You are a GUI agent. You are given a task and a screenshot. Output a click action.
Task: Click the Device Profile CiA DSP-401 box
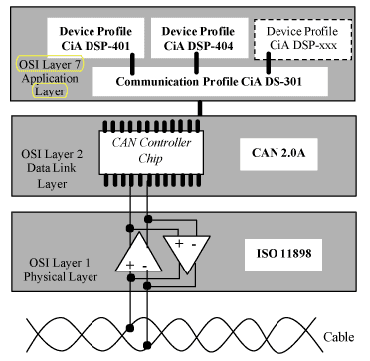pyautogui.click(x=95, y=37)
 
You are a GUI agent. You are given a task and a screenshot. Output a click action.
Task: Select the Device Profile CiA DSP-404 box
pyautogui.click(x=199, y=37)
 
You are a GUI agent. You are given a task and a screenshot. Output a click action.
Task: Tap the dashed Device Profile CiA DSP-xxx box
pyautogui.click(x=302, y=39)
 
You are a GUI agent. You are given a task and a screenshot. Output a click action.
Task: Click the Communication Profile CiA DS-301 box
pyautogui.click(x=210, y=82)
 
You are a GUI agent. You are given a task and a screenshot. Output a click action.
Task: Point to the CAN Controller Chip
pyautogui.click(x=151, y=152)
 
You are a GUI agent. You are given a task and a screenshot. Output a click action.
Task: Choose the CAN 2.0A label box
pyautogui.click(x=278, y=154)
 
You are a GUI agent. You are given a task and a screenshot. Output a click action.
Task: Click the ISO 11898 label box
pyautogui.click(x=283, y=255)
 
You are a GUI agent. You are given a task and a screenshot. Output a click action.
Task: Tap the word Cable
pyautogui.click(x=338, y=337)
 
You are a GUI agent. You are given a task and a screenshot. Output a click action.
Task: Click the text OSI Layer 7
pyautogui.click(x=50, y=65)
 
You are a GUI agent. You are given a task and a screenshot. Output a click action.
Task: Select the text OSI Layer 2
pyautogui.click(x=52, y=154)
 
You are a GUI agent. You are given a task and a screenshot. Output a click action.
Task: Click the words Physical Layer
pyautogui.click(x=61, y=277)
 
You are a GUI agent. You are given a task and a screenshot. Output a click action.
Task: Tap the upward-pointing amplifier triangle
pyautogui.click(x=138, y=252)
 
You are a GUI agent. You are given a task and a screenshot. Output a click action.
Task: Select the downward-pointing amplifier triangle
pyautogui.click(x=187, y=252)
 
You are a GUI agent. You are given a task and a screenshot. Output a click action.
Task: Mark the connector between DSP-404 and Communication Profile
pyautogui.click(x=196, y=63)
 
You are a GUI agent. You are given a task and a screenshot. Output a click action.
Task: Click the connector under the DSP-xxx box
pyautogui.click(x=268, y=63)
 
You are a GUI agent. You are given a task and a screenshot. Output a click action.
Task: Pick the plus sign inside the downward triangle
pyautogui.click(x=179, y=244)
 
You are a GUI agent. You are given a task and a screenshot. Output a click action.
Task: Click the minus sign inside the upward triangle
pyautogui.click(x=145, y=266)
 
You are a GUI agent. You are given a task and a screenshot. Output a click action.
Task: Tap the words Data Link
pyautogui.click(x=51, y=168)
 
